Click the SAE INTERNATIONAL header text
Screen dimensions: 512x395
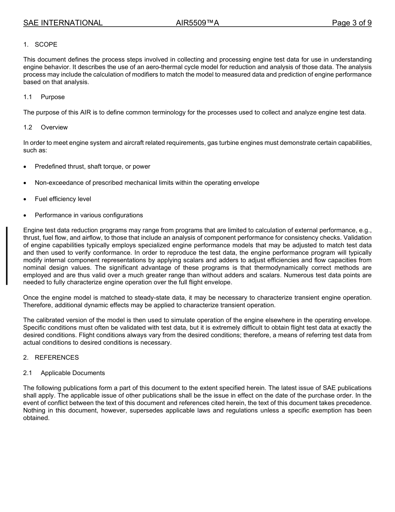click(63, 23)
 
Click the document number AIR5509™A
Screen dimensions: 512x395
click(197, 23)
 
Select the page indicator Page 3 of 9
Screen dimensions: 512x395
click(351, 23)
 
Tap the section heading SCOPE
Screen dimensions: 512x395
click(46, 45)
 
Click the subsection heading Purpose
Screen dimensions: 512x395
click(53, 97)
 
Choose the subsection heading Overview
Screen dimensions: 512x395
click(54, 127)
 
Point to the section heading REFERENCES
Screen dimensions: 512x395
click(57, 358)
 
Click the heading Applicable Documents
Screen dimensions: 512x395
click(73, 373)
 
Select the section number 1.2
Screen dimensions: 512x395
click(28, 127)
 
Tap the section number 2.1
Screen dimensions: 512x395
click(28, 373)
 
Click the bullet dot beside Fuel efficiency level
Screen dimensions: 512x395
click(25, 199)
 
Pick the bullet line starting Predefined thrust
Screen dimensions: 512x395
click(92, 167)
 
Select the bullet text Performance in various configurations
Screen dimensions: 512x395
click(89, 215)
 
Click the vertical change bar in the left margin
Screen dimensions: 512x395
click(7, 256)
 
